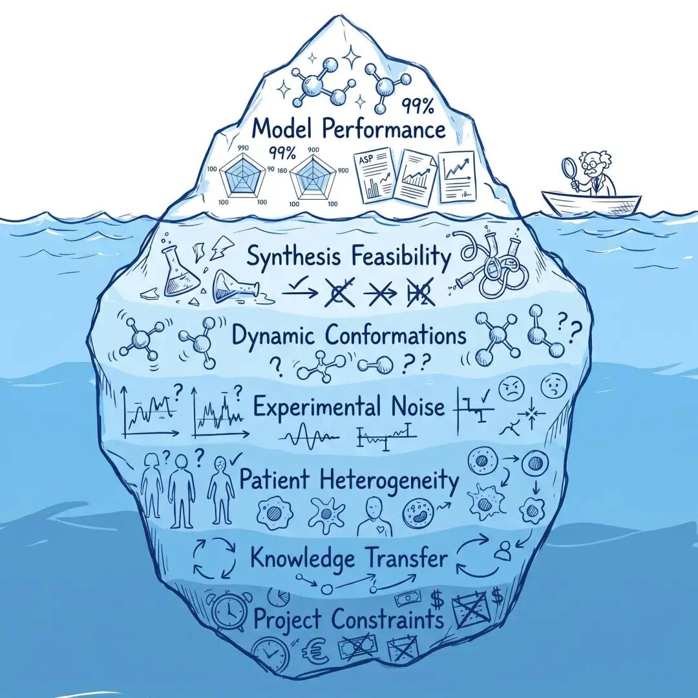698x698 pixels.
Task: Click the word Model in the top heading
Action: click(280, 129)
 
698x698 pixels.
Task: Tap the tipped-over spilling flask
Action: click(237, 286)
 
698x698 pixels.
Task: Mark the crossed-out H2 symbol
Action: click(419, 295)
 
